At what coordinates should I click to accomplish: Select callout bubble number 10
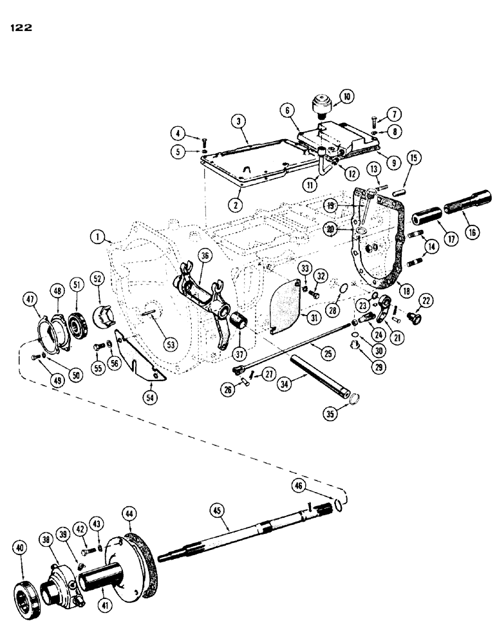click(347, 98)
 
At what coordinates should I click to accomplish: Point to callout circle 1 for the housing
click(97, 238)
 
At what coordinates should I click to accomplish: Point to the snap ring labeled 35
click(351, 404)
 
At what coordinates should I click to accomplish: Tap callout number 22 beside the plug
click(426, 301)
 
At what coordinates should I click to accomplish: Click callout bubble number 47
click(28, 297)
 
